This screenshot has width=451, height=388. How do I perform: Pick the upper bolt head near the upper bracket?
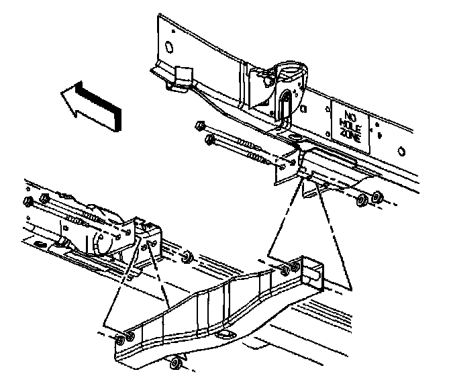click(199, 125)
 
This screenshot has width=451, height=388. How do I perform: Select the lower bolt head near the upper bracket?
click(210, 140)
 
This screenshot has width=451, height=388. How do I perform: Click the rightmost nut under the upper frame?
click(377, 197)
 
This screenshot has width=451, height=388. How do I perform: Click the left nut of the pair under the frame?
click(361, 199)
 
